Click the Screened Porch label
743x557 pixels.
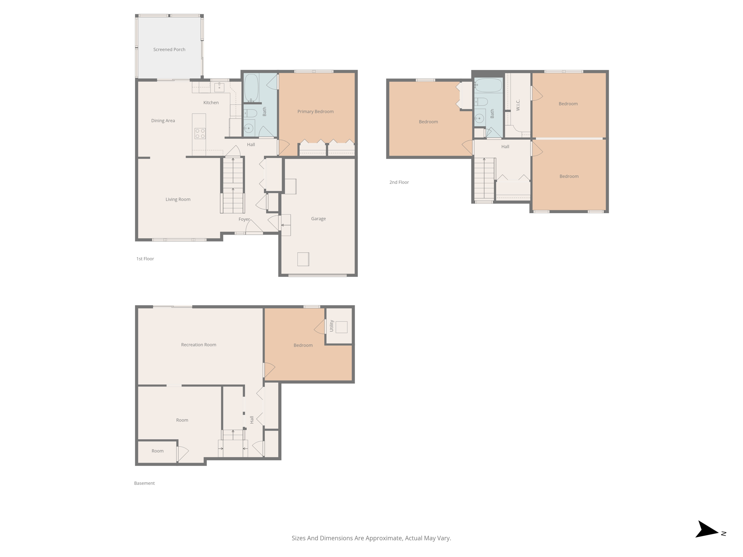[169, 49]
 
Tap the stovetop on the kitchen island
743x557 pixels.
[200, 133]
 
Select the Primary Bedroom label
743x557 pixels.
[315, 111]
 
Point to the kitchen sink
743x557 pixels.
[219, 87]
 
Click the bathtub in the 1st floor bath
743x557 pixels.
[251, 88]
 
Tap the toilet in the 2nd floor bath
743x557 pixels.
[481, 101]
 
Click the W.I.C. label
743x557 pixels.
[518, 105]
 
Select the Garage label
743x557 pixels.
[318, 219]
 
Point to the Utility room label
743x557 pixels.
[331, 326]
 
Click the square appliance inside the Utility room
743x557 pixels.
[341, 327]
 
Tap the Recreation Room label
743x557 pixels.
[198, 344]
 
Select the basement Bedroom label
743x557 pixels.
[303, 345]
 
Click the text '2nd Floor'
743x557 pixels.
[399, 182]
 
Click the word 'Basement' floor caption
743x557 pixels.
[144, 483]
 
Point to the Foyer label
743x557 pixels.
[244, 219]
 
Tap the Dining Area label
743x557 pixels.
[163, 120]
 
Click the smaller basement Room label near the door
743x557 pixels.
[157, 451]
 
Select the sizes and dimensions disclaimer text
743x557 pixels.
[371, 538]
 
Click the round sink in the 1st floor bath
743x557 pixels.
[249, 128]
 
